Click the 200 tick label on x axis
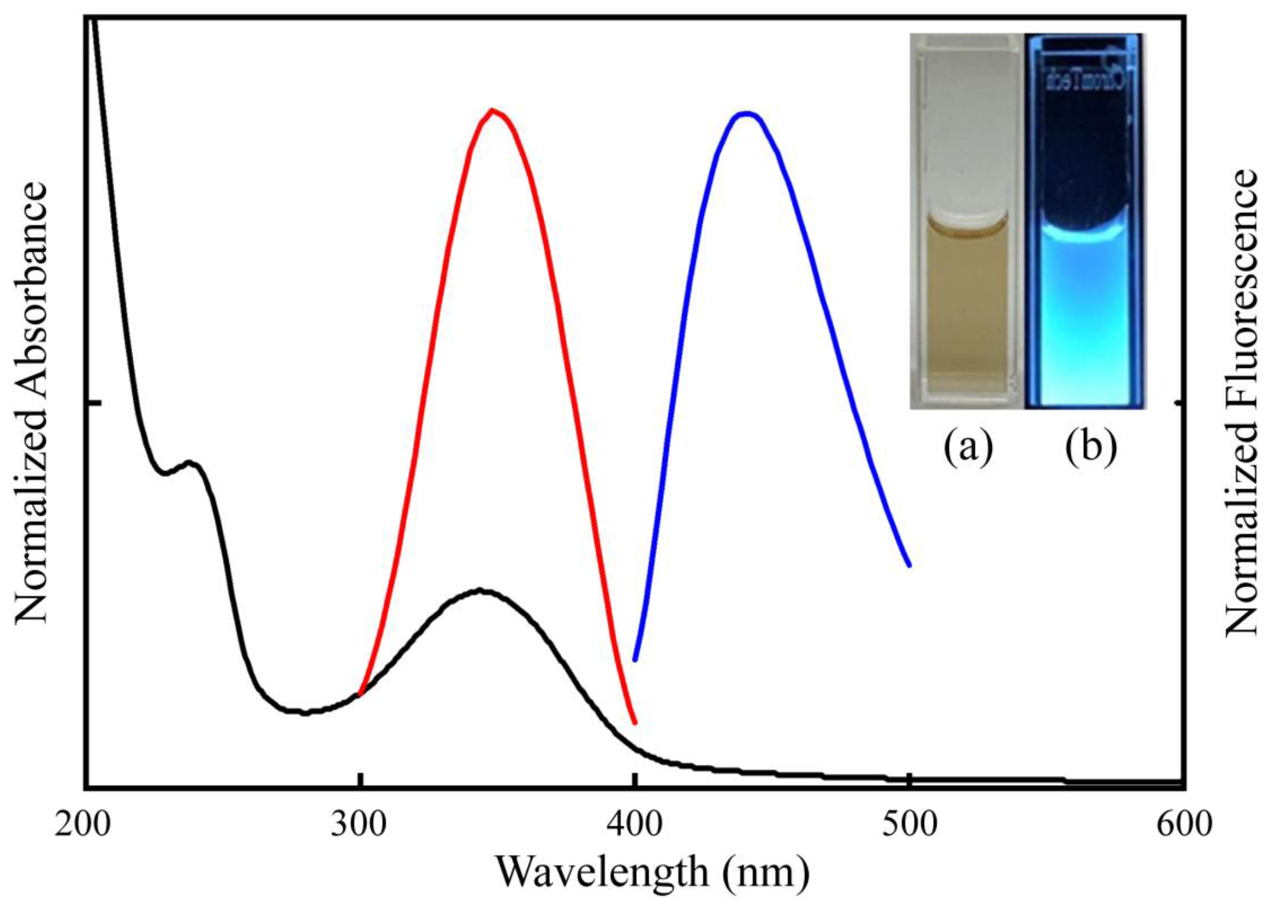pyautogui.click(x=82, y=824)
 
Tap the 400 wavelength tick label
pyautogui.click(x=635, y=824)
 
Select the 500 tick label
pyautogui.click(x=910, y=824)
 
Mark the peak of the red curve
pyautogui.click(x=492, y=110)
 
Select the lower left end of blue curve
pyautogui.click(x=635, y=660)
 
